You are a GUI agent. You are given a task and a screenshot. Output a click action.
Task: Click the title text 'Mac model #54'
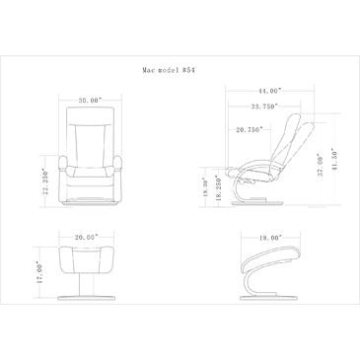coord(170,70)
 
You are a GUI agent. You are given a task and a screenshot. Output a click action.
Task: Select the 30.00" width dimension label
coord(91,101)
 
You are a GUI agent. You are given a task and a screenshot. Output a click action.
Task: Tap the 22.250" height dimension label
coord(44,182)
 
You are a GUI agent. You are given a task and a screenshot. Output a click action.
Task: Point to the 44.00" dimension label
coord(269,91)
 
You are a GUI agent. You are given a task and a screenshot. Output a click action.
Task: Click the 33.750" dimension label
coord(264,107)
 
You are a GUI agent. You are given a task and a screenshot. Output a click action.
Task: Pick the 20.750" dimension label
coord(250,129)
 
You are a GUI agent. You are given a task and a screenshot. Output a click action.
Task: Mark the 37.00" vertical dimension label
coord(321,162)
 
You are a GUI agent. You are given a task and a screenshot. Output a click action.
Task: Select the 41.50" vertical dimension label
coord(335,162)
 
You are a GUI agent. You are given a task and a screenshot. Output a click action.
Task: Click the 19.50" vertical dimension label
coord(205,187)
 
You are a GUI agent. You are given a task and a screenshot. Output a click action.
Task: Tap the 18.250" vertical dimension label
coord(218,187)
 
